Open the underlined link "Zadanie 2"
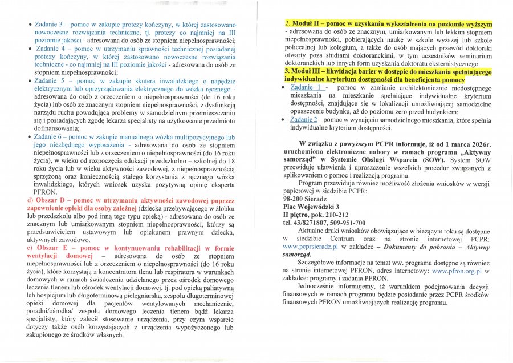[303, 119]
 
